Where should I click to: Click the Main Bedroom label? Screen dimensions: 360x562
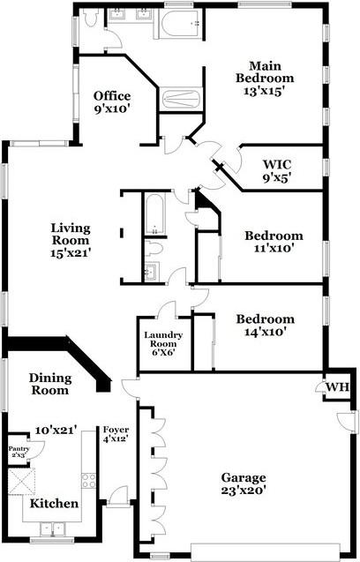(265, 79)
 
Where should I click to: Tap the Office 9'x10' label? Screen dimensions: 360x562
(112, 102)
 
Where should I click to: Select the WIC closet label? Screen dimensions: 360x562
(277, 170)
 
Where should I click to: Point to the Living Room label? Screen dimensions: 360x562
(71, 240)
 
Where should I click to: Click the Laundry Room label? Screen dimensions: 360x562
(163, 344)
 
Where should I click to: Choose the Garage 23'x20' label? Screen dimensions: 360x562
(244, 483)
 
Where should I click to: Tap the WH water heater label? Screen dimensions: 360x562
(337, 387)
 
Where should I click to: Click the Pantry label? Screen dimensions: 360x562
(19, 451)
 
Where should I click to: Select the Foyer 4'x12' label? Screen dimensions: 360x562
(116, 434)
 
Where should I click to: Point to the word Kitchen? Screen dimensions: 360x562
(54, 503)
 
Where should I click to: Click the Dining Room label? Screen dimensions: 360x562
(49, 384)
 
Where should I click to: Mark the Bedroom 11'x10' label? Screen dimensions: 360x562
(274, 242)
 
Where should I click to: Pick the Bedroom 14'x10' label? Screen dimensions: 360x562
(266, 325)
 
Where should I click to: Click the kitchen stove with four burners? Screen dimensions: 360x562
(88, 481)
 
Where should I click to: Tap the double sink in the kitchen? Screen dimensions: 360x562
(52, 529)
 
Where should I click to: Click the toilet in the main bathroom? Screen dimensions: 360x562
(91, 17)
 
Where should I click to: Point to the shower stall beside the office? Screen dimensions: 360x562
(181, 99)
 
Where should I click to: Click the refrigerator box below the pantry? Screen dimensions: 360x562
(21, 481)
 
